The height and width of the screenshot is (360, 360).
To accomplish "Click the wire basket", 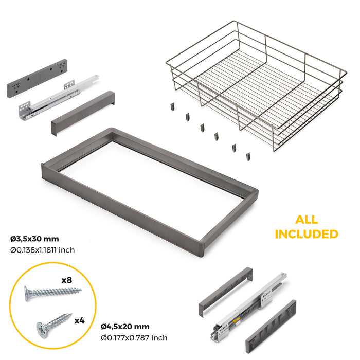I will [257, 82].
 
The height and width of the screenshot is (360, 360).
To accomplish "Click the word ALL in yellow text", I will [307, 220].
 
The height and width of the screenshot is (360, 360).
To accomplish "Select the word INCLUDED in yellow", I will [307, 234].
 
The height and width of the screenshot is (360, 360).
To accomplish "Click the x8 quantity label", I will [66, 280].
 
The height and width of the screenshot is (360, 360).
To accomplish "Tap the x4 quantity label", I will [79, 320].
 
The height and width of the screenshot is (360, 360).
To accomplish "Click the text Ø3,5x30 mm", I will [34, 239].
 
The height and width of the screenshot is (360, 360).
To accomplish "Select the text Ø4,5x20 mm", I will [125, 326].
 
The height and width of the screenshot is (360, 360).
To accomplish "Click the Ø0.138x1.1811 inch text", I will [43, 250].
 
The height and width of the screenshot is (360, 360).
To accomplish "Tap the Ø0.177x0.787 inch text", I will [134, 337].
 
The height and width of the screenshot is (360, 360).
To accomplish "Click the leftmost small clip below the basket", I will [172, 107].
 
